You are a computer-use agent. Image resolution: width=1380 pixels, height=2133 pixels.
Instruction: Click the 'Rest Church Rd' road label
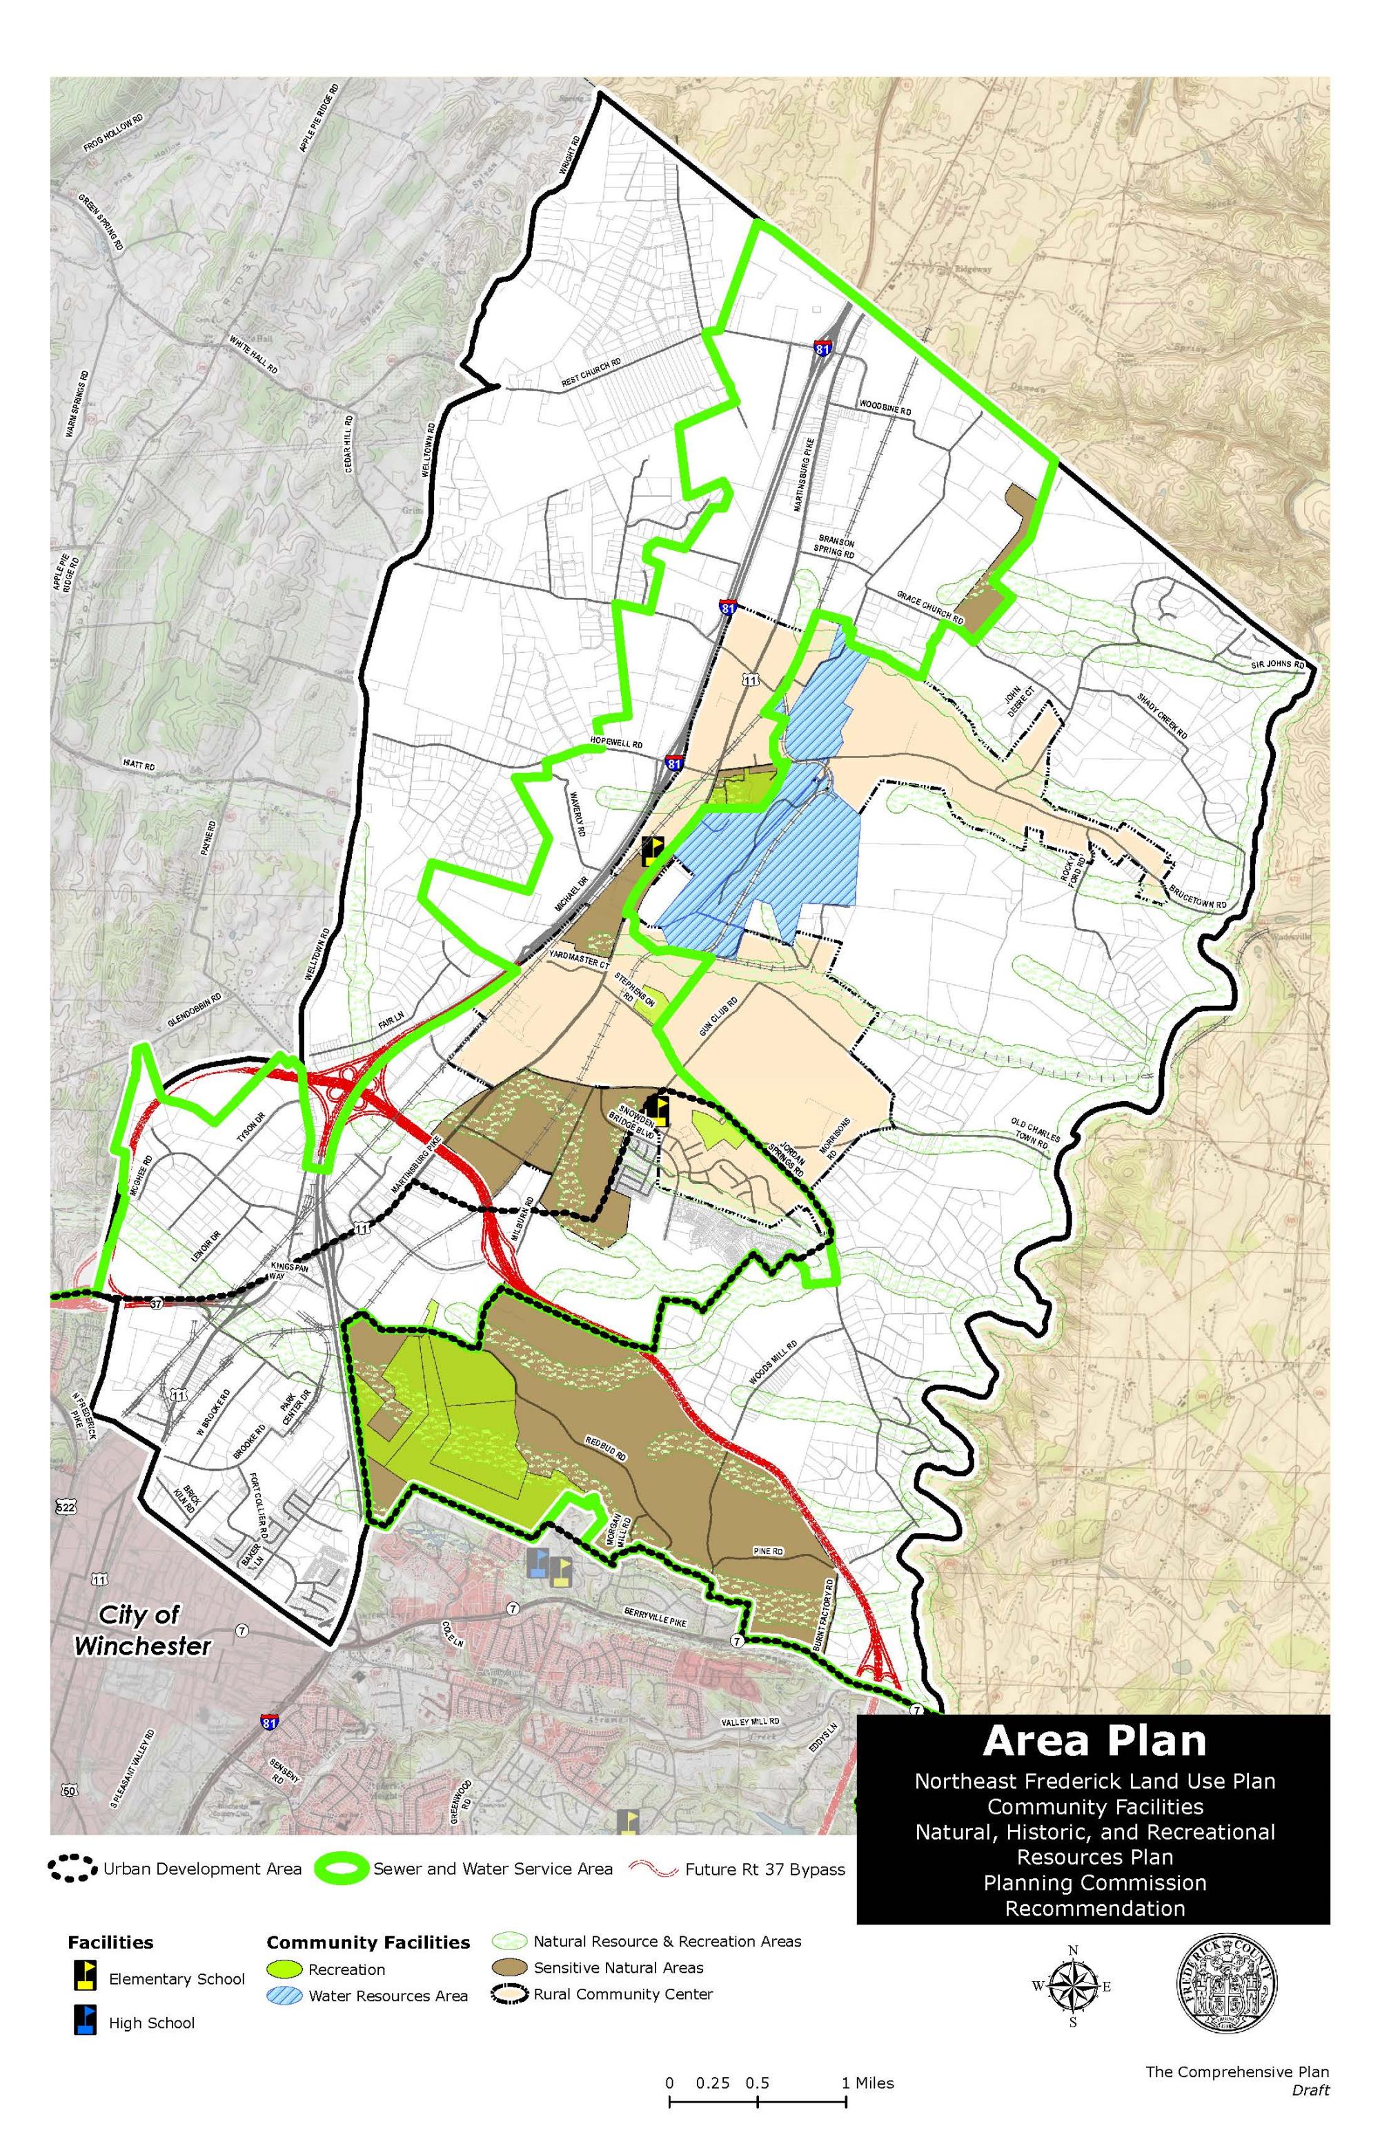(591, 373)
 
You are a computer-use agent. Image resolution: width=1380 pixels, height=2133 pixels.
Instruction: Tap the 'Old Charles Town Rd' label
(1035, 1132)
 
